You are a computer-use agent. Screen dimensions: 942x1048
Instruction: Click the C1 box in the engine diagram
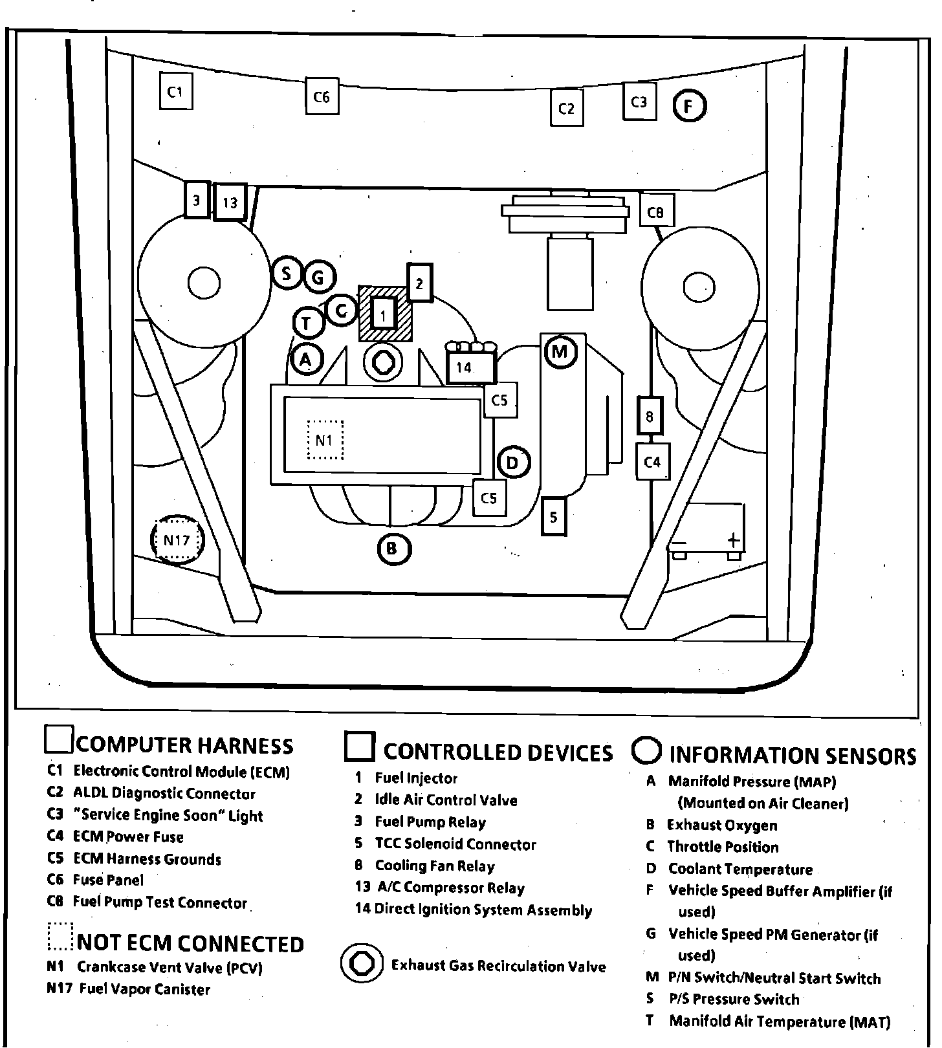175,91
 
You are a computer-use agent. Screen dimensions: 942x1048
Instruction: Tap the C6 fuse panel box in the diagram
322,96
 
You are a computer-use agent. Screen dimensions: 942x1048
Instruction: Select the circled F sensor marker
690,105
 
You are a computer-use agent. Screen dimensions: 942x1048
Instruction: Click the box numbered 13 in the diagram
230,202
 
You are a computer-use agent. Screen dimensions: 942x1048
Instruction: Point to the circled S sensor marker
287,273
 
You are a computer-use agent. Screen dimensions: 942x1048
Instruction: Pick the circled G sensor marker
318,278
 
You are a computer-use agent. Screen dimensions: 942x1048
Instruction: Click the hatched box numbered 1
385,313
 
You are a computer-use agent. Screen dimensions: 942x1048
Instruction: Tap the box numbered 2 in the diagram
419,283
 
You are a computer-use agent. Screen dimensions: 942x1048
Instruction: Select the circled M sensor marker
560,351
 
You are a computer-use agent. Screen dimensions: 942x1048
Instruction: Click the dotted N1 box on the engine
324,440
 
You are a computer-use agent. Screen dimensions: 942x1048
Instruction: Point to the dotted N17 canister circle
177,539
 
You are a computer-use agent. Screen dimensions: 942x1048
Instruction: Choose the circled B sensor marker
393,549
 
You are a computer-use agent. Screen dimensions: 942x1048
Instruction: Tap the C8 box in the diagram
657,210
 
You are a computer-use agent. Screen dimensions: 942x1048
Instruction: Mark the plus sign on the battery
733,539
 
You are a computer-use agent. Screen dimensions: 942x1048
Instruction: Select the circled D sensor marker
514,462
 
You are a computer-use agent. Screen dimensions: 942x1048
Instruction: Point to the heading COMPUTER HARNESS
185,746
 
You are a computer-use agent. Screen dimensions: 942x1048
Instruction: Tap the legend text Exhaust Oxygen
722,825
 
